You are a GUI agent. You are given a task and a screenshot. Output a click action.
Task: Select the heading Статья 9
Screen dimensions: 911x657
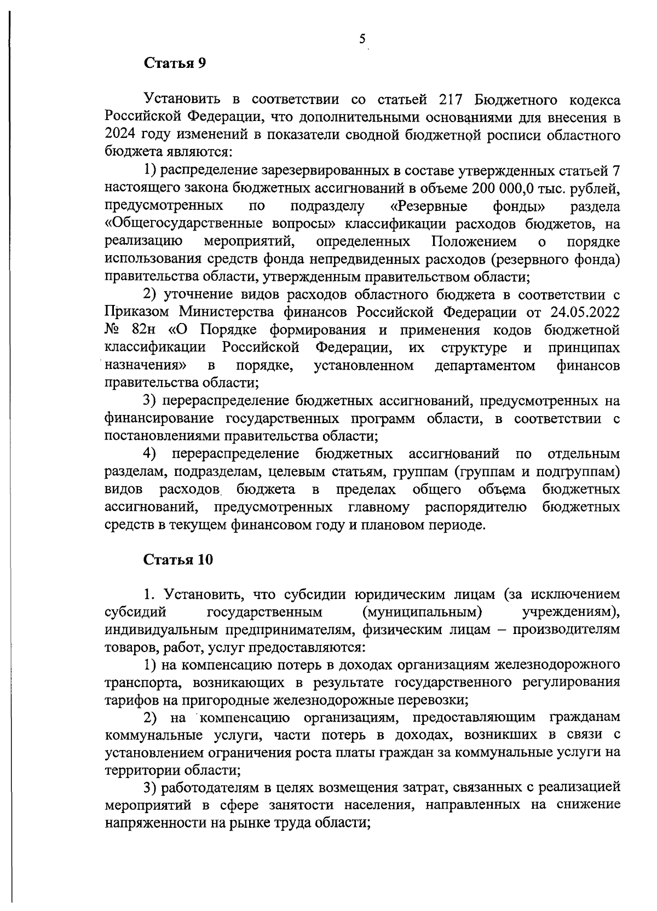tap(175, 63)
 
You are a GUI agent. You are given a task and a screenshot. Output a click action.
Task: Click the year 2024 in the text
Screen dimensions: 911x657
tap(120, 135)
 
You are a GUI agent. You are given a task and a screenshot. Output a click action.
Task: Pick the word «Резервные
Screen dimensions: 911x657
tap(430, 206)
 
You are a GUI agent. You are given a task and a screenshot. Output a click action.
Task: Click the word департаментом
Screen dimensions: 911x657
tap(485, 365)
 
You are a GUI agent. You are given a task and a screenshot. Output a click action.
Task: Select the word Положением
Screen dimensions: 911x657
tap(474, 241)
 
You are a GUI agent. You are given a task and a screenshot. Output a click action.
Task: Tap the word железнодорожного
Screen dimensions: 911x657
tap(557, 665)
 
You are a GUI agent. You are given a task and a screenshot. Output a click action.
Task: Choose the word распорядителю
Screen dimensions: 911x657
tap(476, 507)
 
